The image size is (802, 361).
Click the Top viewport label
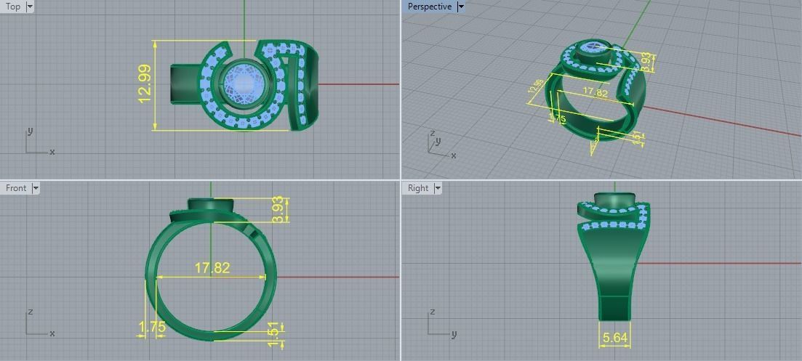pos(13,7)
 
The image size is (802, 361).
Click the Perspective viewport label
pos(429,7)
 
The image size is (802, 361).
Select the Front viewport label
pos(15,188)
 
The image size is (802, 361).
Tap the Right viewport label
pos(418,188)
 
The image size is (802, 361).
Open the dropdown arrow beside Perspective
pos(461,7)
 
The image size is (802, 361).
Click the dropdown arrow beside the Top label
pos(30,7)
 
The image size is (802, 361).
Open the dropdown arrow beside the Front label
pos(35,188)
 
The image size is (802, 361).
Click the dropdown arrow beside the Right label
pos(438,188)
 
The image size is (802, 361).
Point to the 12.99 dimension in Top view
pos(145,84)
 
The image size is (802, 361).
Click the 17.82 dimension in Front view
pos(212,268)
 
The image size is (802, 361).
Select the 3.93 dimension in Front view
pos(277,210)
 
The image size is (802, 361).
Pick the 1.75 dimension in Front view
pos(151,328)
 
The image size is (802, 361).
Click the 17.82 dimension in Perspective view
pos(595,93)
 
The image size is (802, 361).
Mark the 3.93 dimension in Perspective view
pos(645,61)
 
